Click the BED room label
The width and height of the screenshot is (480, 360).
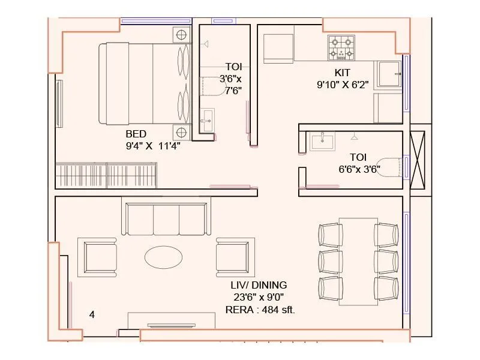136,133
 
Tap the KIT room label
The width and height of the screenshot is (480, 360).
342,73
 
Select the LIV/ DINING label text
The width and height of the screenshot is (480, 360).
259,285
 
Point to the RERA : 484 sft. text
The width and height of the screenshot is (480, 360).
260,310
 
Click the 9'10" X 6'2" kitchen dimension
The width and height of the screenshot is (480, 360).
342,85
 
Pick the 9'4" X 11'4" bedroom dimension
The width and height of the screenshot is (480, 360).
153,145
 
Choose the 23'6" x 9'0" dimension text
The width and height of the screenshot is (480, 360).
258,297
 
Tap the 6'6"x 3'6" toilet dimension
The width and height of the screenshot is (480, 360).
359,169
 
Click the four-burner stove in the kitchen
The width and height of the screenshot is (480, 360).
341,48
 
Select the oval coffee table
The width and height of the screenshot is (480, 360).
164,257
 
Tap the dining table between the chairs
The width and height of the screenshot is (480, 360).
358,261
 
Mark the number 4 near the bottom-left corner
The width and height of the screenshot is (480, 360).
92,314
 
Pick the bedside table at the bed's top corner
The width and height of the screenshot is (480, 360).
181,35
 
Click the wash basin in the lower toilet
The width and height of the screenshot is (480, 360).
322,142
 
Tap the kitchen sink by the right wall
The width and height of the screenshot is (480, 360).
388,74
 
